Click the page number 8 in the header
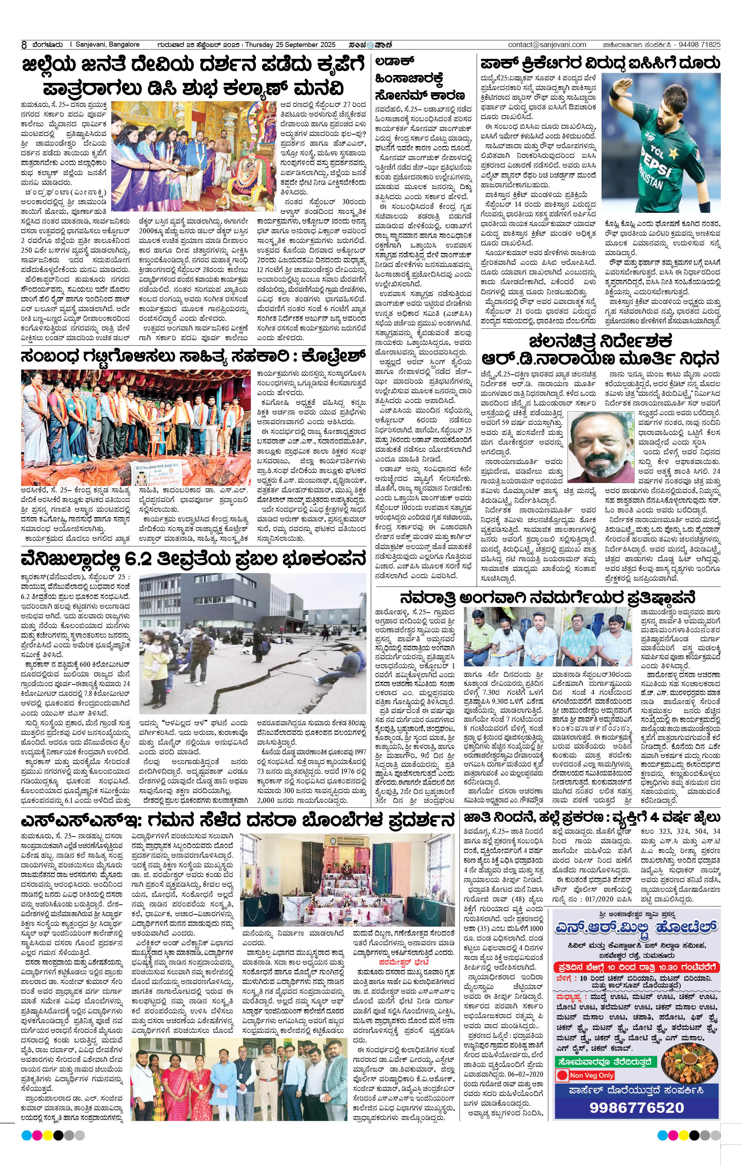coord(24,45)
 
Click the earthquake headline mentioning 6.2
coord(193,559)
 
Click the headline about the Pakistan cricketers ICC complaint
coord(600,64)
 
